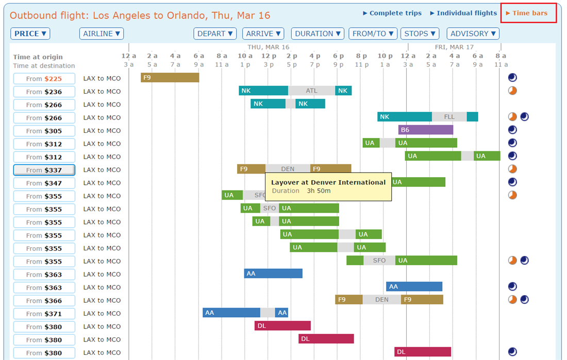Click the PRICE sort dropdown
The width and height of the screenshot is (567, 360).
[30, 34]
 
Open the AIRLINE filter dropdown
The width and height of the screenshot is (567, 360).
[102, 34]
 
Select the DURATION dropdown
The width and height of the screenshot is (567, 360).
[318, 34]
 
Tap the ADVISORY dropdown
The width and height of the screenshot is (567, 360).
[473, 34]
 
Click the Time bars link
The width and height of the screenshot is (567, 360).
[527, 13]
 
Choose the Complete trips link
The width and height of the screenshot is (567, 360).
[392, 13]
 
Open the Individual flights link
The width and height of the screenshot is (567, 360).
[463, 13]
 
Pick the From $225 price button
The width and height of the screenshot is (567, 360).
[44, 79]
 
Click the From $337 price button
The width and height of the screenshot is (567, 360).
[44, 170]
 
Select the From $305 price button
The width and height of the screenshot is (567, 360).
[44, 131]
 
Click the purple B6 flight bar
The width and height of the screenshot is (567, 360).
[426, 130]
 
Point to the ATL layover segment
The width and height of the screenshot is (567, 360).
[311, 91]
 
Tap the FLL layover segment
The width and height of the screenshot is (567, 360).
[449, 117]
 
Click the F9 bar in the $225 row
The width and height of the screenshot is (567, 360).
[170, 78]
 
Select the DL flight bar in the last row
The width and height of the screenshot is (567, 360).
[423, 352]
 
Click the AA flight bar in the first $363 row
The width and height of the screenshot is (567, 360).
[273, 273]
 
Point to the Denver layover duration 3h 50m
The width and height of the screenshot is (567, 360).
[319, 191]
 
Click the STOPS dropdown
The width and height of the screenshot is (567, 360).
[420, 34]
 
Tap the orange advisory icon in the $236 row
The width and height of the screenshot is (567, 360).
[512, 91]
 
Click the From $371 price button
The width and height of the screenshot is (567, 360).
[44, 314]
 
